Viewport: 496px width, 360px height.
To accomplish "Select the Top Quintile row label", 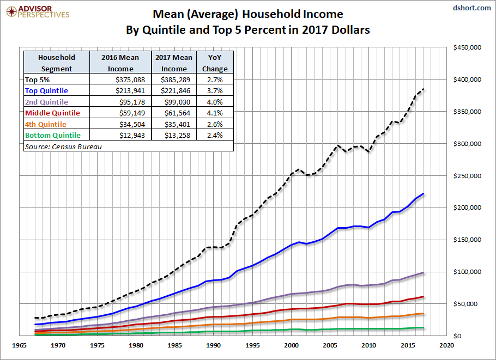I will [47, 90].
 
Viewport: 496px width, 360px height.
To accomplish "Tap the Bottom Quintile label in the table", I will [53, 135].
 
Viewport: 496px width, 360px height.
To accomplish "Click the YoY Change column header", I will [215, 63].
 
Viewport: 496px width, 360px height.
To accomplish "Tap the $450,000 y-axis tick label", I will [467, 48].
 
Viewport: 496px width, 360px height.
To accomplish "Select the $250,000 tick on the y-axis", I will [467, 176].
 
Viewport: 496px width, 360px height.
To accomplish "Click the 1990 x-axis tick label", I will [214, 345].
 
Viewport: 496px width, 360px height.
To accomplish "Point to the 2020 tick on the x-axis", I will [446, 345].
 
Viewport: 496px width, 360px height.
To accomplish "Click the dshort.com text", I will [472, 9].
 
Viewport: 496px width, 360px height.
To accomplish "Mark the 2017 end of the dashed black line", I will [424, 89].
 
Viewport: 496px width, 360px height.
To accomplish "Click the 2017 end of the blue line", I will [424, 194].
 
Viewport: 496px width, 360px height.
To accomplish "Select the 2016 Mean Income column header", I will [120, 63].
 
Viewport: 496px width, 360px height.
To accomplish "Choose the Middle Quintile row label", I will [52, 113].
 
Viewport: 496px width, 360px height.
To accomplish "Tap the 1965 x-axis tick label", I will [20, 345].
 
